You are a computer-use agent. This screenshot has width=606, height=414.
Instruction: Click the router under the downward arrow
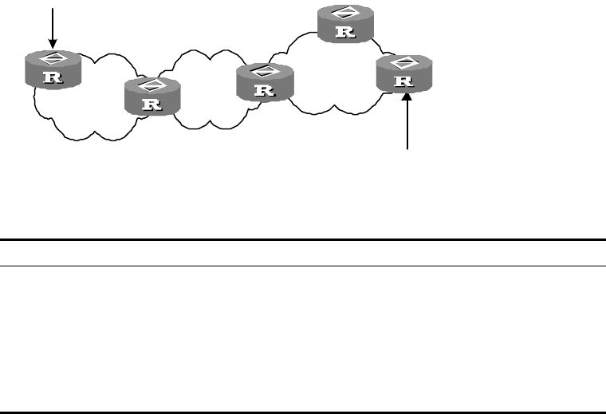coord(53,69)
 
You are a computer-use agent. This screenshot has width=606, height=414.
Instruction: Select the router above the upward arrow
coord(404,73)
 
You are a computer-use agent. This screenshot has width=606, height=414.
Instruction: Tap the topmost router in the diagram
coord(346,23)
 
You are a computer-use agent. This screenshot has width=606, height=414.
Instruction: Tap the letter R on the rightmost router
coord(404,81)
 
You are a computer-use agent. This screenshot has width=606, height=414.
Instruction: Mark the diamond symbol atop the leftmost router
coord(53,59)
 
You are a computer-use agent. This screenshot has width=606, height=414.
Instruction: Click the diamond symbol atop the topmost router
coord(346,14)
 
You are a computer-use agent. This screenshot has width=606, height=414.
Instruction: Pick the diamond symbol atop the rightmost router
coord(404,62)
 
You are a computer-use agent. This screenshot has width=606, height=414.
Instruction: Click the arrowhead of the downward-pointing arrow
coord(53,44)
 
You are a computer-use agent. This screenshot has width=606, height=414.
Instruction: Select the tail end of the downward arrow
coord(53,9)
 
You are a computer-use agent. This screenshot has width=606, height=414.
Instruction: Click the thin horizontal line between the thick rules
coord(303,266)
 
